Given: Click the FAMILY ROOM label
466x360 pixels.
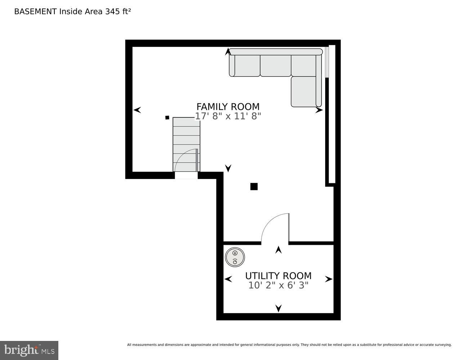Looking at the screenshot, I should [228, 107].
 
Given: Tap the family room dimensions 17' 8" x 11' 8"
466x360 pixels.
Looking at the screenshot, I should [228, 116].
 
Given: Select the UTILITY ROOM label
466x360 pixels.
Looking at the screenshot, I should [278, 276].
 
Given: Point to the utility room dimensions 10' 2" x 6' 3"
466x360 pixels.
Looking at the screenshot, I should [278, 285].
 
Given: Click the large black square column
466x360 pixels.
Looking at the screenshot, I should [254, 186].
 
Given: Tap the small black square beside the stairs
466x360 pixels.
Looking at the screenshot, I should [167, 117].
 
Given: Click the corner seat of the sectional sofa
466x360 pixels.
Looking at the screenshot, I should [304, 66].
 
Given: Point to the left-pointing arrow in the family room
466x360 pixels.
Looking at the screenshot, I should [137, 110].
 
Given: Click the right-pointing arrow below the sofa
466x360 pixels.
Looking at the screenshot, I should [319, 110].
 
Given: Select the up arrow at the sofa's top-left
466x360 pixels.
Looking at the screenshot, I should [228, 52].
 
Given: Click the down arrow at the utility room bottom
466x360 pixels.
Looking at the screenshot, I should [278, 308].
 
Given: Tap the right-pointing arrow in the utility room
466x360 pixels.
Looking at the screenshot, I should [328, 279].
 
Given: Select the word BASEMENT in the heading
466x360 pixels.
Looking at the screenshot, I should [35, 11].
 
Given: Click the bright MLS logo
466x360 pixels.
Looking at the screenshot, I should [29, 350].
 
